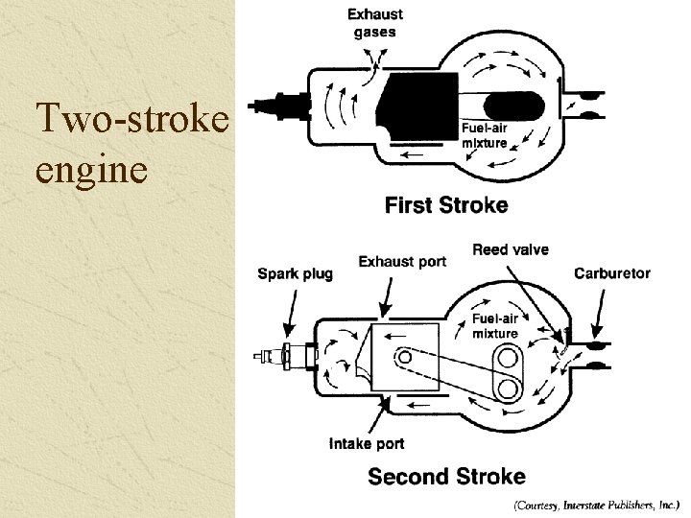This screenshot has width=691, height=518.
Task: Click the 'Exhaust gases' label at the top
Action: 374,23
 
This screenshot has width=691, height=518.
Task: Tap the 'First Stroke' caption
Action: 446,204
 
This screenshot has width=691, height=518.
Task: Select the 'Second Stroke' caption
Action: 447,476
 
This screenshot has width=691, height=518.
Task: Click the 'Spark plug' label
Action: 296,273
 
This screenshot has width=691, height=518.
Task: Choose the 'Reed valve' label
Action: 511,249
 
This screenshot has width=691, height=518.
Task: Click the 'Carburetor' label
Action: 612,273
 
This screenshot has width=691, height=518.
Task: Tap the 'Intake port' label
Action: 367,443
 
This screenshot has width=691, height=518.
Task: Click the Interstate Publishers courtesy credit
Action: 596,503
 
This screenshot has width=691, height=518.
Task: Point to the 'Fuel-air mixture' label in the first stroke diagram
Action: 485,135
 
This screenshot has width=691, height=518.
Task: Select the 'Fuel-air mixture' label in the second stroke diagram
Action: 494,326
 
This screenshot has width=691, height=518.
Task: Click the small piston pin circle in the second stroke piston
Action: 406,358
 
